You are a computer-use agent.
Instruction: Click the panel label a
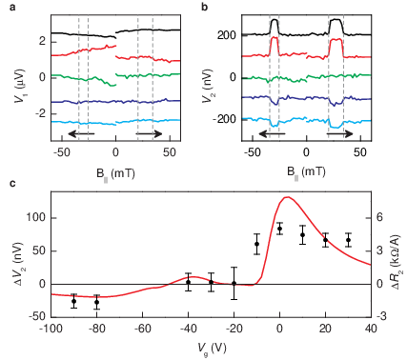pyautogui.click(x=12, y=7)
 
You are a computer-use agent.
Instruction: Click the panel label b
pyautogui.click(x=205, y=7)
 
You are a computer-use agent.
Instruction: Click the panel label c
pyautogui.click(x=12, y=184)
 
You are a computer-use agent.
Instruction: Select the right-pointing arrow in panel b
pyautogui.click(x=340, y=133)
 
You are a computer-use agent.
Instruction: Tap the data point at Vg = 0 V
pyautogui.click(x=279, y=229)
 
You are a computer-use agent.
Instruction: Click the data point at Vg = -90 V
pyautogui.click(x=74, y=301)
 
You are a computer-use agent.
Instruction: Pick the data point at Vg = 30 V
pyautogui.click(x=349, y=240)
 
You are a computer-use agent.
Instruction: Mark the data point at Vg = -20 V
pyautogui.click(x=234, y=283)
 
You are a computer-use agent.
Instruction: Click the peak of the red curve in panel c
pyautogui.click(x=287, y=197)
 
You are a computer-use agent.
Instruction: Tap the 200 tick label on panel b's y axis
pyautogui.click(x=227, y=35)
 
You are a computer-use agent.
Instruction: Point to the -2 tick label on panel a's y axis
pyautogui.click(x=40, y=114)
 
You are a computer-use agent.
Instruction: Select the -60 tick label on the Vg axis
pyautogui.click(x=142, y=329)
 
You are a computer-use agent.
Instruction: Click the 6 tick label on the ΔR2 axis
pyautogui.click(x=379, y=218)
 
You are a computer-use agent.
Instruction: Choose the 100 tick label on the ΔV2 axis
pyautogui.click(x=37, y=218)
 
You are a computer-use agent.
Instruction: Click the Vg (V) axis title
pyautogui.click(x=212, y=349)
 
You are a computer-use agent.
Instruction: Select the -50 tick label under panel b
pyautogui.click(x=253, y=152)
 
